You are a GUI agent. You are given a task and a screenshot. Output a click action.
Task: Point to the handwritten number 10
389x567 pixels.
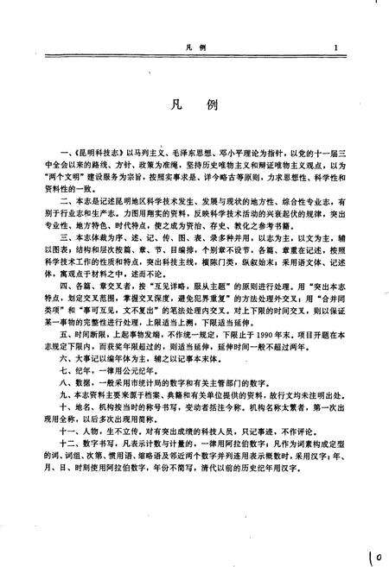coord(373,552)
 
